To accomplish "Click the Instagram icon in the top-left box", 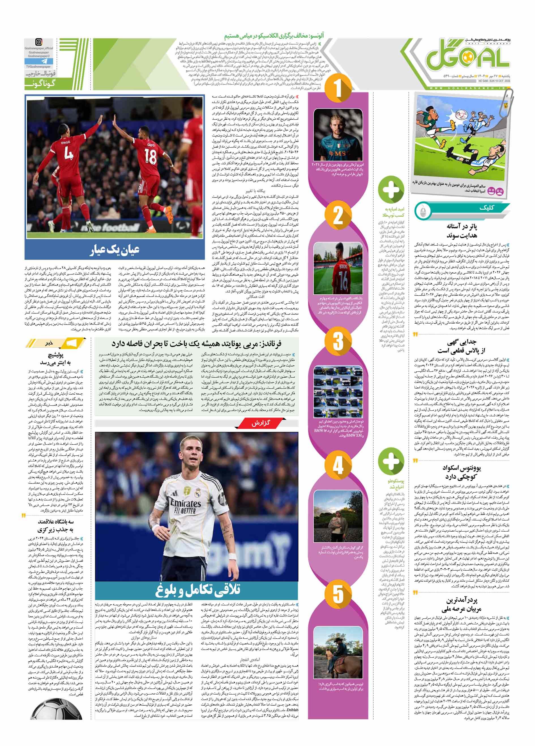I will click(39, 42).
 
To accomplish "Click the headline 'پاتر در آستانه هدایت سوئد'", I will click(462, 231).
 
